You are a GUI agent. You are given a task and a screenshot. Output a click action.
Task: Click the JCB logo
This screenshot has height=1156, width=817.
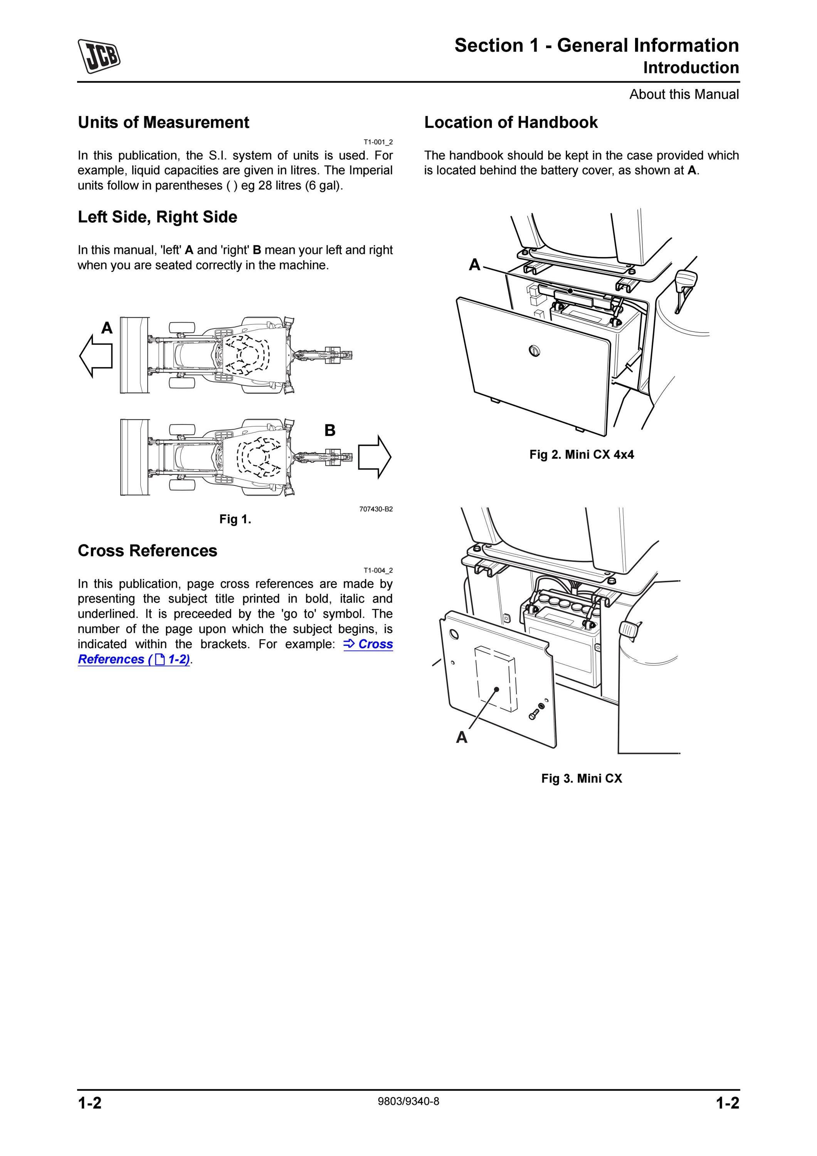[x=99, y=56]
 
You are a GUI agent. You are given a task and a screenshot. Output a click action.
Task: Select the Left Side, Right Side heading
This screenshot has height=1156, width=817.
[x=157, y=217]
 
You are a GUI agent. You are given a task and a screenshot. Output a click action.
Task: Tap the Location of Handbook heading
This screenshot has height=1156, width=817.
[x=511, y=123]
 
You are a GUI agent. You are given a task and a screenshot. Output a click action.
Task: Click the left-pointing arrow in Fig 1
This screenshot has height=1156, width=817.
[x=96, y=356]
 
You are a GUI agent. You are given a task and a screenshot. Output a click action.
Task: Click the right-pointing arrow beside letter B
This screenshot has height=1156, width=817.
[x=375, y=457]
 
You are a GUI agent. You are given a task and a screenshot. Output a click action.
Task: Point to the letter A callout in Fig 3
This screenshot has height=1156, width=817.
[x=462, y=738]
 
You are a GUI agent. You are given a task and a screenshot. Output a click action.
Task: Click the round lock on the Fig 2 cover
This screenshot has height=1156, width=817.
[x=534, y=350]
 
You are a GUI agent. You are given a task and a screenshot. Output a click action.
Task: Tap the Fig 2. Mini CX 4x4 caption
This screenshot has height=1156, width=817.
[x=582, y=455]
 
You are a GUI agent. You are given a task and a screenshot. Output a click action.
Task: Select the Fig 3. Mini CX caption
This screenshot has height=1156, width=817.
[x=582, y=778]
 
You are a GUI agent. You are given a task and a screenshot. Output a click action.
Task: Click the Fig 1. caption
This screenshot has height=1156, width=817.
[x=235, y=519]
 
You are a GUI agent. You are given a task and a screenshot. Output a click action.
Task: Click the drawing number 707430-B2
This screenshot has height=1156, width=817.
[x=376, y=509]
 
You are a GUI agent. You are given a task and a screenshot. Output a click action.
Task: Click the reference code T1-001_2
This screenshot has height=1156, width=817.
[x=378, y=142]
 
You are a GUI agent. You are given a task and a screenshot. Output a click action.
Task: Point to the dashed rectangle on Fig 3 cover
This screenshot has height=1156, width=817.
[x=495, y=679]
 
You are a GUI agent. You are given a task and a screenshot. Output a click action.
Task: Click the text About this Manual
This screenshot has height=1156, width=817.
[x=684, y=94]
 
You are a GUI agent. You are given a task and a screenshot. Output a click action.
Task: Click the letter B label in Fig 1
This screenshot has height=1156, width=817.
[x=330, y=430]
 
